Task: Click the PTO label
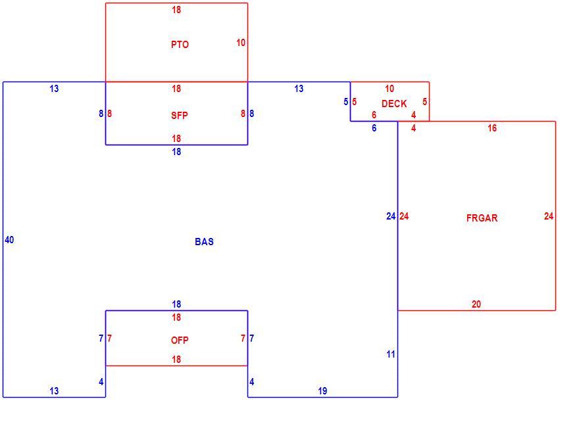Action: pyautogui.click(x=180, y=45)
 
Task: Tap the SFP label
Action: pyautogui.click(x=180, y=116)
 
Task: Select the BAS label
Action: pyautogui.click(x=204, y=242)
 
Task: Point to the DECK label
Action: pyautogui.click(x=394, y=104)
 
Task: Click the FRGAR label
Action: pyautogui.click(x=482, y=218)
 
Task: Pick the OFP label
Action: pyautogui.click(x=180, y=340)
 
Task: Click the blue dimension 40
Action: pyautogui.click(x=9, y=240)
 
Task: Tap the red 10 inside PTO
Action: pyautogui.click(x=241, y=43)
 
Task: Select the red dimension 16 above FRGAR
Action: pyautogui.click(x=492, y=128)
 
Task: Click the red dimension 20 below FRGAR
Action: pyautogui.click(x=476, y=304)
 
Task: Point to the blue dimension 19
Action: pyautogui.click(x=322, y=391)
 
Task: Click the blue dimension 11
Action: pyautogui.click(x=391, y=354)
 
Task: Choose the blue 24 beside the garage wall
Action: pyautogui.click(x=391, y=216)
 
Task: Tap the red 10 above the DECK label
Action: pyautogui.click(x=390, y=89)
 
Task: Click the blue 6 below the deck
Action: pyautogui.click(x=374, y=128)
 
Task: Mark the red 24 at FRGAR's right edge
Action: pyautogui.click(x=549, y=216)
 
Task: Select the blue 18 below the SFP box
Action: pyautogui.click(x=176, y=152)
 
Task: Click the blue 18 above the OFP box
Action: pyautogui.click(x=176, y=304)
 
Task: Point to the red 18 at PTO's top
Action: pyautogui.click(x=176, y=10)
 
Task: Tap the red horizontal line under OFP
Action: pyautogui.click(x=176, y=366)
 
